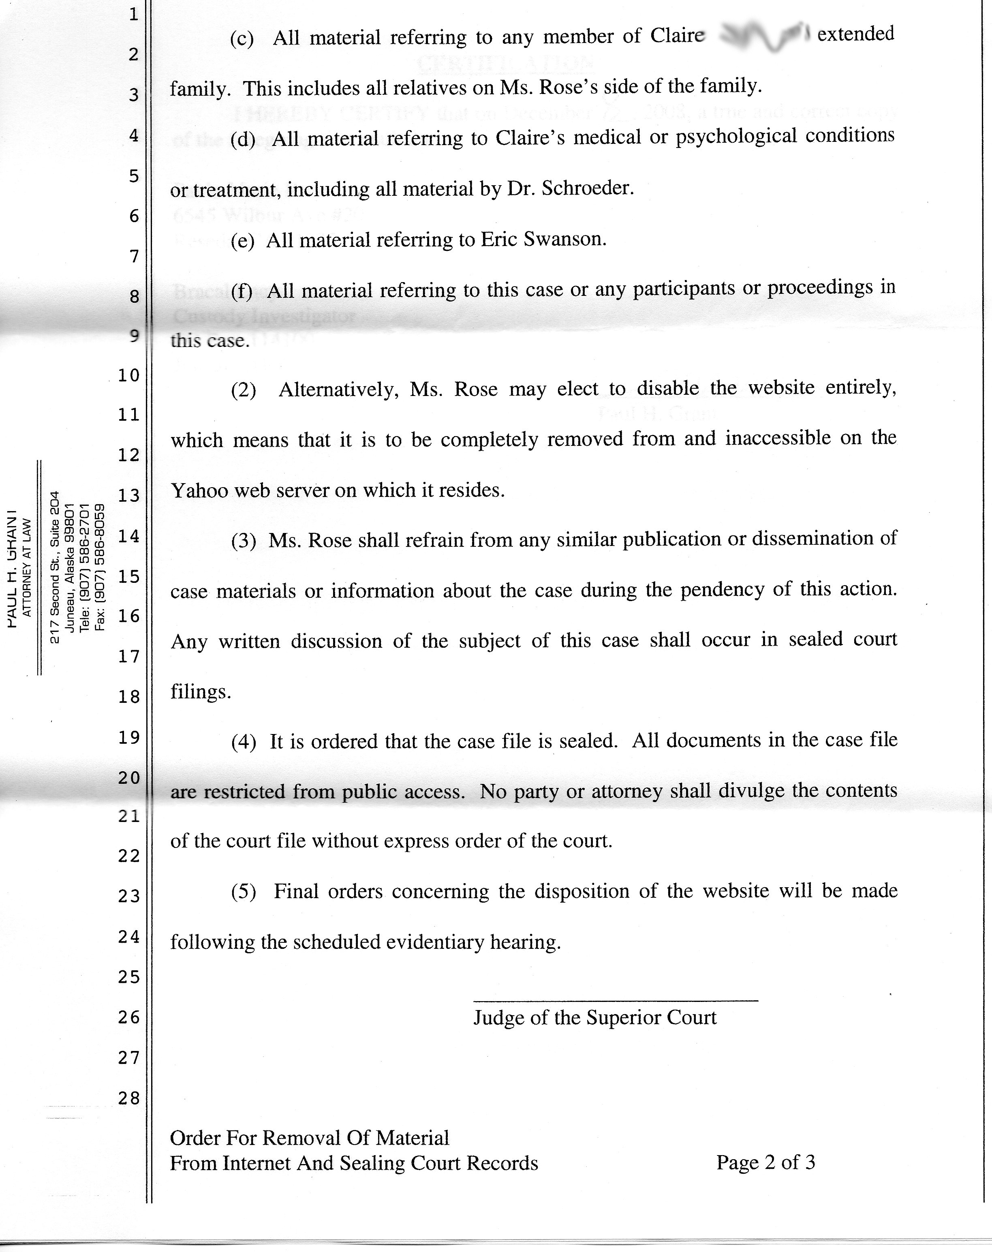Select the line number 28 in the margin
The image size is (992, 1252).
click(x=129, y=1098)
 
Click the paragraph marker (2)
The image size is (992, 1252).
click(x=243, y=390)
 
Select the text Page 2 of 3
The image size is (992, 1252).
click(x=765, y=1162)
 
